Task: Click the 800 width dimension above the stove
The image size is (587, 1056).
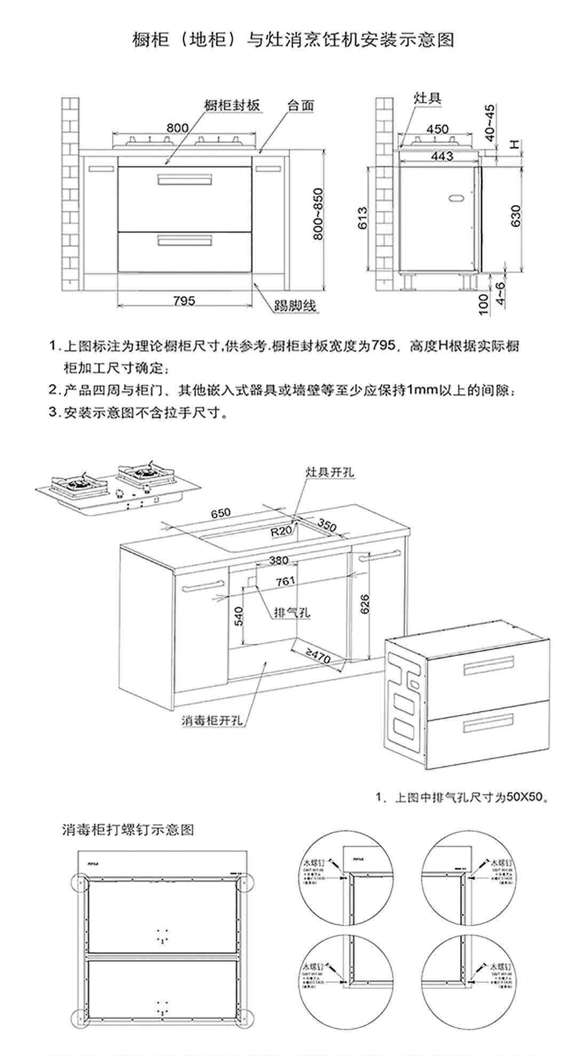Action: click(x=177, y=128)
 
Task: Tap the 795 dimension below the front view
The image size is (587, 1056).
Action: click(x=184, y=300)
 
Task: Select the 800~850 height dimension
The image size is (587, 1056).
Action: click(x=318, y=214)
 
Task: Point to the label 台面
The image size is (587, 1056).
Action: click(x=300, y=105)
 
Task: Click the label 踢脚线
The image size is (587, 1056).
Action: click(x=295, y=306)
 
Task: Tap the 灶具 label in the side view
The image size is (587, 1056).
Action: click(x=427, y=98)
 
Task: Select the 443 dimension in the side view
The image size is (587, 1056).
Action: click(x=442, y=156)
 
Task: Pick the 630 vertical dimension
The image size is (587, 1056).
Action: click(x=515, y=216)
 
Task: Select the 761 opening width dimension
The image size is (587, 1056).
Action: click(x=285, y=581)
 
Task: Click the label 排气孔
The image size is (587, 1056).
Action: click(x=291, y=612)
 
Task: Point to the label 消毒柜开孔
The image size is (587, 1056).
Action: click(x=212, y=720)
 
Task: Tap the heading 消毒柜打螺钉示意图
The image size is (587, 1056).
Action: click(x=128, y=830)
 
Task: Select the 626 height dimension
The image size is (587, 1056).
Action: click(x=365, y=604)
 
